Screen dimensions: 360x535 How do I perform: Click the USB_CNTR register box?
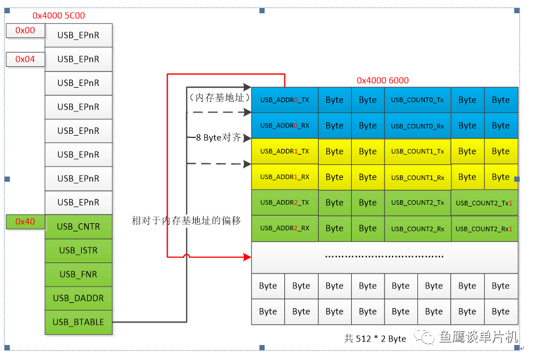click(78, 227)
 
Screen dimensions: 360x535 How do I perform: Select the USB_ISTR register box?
click(78, 250)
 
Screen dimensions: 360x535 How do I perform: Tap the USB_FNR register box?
click(78, 275)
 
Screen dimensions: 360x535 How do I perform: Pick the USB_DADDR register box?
click(78, 298)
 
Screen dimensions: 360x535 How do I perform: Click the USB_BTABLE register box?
click(78, 322)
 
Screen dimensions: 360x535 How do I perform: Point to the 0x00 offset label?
click(25, 31)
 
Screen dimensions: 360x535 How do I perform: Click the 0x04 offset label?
click(25, 59)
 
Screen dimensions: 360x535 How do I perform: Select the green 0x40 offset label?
click(25, 222)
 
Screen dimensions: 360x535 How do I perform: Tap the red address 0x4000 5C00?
click(59, 16)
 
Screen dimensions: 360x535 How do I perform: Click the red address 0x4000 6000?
click(383, 81)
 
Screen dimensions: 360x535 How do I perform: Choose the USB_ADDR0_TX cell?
click(285, 100)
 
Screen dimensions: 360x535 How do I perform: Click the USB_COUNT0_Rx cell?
click(417, 126)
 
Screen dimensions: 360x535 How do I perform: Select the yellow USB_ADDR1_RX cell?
click(285, 177)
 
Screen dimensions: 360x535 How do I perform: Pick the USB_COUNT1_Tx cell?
click(417, 151)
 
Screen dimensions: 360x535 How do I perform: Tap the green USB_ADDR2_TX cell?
click(285, 202)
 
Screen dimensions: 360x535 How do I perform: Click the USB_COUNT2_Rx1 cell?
click(484, 228)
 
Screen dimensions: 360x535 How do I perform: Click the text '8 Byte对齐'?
click(217, 138)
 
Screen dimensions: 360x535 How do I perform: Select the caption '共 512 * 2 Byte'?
click(375, 339)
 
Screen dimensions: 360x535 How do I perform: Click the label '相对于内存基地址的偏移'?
click(186, 220)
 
